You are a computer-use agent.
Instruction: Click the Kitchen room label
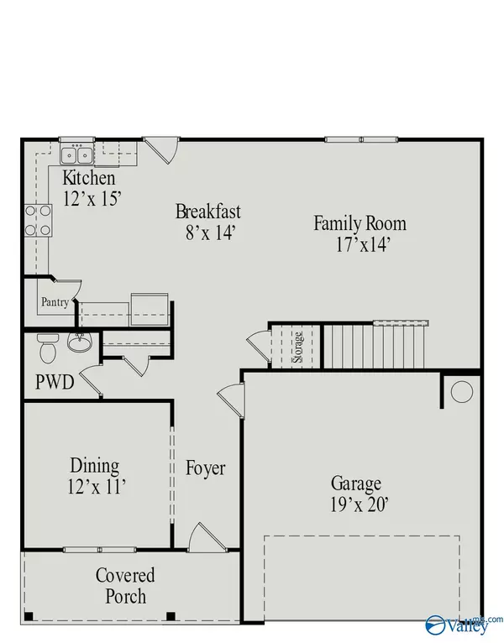(89, 179)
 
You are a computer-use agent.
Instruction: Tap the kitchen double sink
(76, 154)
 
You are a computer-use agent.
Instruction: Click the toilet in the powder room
(47, 344)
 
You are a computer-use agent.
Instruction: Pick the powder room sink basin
(80, 343)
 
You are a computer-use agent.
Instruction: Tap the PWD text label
(55, 383)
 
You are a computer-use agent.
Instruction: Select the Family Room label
(360, 223)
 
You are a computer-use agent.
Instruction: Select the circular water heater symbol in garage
(461, 392)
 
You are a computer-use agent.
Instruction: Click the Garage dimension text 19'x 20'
(355, 504)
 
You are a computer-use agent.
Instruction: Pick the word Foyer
(206, 468)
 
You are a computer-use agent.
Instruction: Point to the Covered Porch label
(124, 585)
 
